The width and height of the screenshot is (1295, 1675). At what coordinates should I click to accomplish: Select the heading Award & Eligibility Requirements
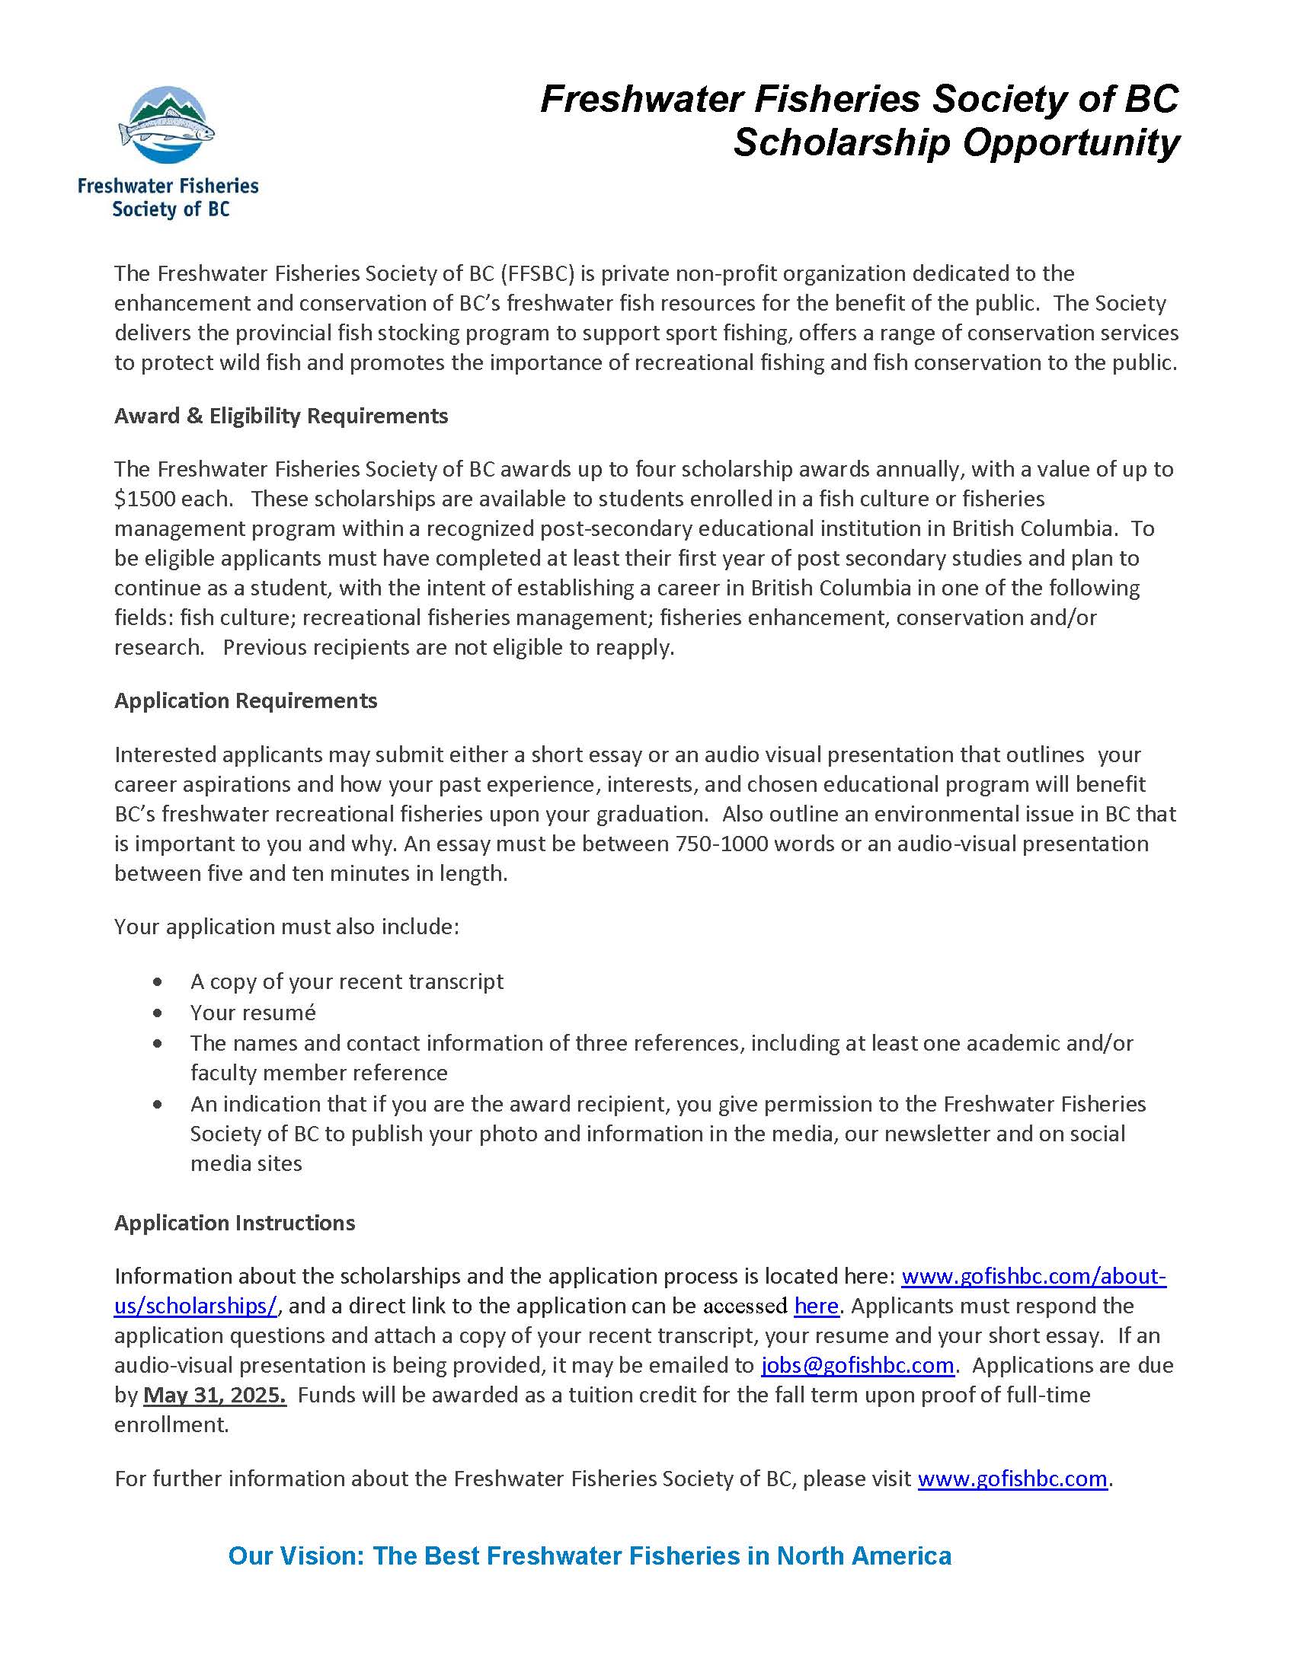pyautogui.click(x=281, y=416)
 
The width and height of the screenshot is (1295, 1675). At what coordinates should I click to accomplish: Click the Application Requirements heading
pyautogui.click(x=245, y=701)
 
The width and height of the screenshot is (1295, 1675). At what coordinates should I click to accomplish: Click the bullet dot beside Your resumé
pyautogui.click(x=158, y=1013)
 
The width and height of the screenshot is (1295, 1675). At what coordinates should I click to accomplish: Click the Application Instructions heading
pyautogui.click(x=235, y=1223)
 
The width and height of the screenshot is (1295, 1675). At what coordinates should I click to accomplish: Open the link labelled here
pyautogui.click(x=816, y=1306)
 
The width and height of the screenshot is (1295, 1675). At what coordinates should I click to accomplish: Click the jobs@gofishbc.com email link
pyautogui.click(x=857, y=1366)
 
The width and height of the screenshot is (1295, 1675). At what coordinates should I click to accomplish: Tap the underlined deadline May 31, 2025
pyautogui.click(x=215, y=1395)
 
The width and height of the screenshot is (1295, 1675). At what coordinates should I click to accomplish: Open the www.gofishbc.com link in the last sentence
pyautogui.click(x=1012, y=1479)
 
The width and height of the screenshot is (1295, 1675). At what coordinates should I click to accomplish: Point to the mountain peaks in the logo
pyautogui.click(x=167, y=102)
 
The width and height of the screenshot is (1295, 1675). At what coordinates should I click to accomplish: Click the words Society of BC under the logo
pyautogui.click(x=171, y=209)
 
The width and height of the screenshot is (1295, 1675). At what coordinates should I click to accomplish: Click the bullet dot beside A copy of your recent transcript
pyautogui.click(x=158, y=982)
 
